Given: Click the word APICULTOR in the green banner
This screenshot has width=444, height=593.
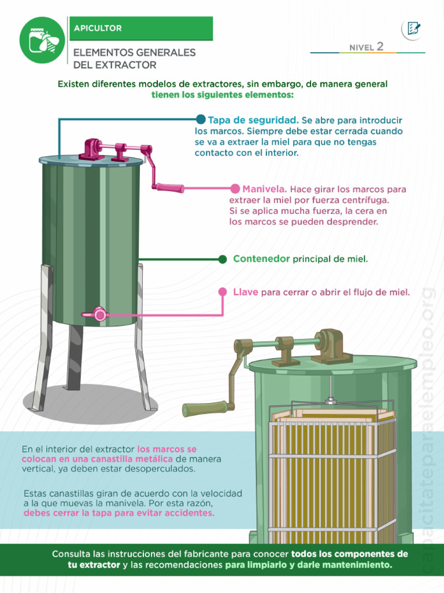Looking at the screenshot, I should click(x=98, y=28).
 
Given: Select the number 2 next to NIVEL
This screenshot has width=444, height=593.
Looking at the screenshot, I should click(x=380, y=47).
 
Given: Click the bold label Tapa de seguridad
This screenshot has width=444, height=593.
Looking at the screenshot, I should click(x=253, y=120).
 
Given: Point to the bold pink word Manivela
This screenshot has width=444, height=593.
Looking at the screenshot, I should click(x=265, y=189).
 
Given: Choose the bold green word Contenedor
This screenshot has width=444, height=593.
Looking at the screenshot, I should click(x=261, y=259).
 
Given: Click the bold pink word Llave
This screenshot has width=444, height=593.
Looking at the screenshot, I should click(x=245, y=292).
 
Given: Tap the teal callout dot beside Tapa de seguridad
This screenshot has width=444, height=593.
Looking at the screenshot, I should click(x=201, y=119).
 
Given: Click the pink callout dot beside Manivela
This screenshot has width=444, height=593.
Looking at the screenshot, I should click(x=235, y=189).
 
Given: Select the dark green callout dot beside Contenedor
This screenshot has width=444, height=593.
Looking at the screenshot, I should click(x=223, y=259).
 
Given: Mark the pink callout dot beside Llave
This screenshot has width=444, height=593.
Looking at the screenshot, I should click(x=223, y=292).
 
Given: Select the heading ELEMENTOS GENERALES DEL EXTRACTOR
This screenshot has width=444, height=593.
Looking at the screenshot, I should click(x=134, y=58).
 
